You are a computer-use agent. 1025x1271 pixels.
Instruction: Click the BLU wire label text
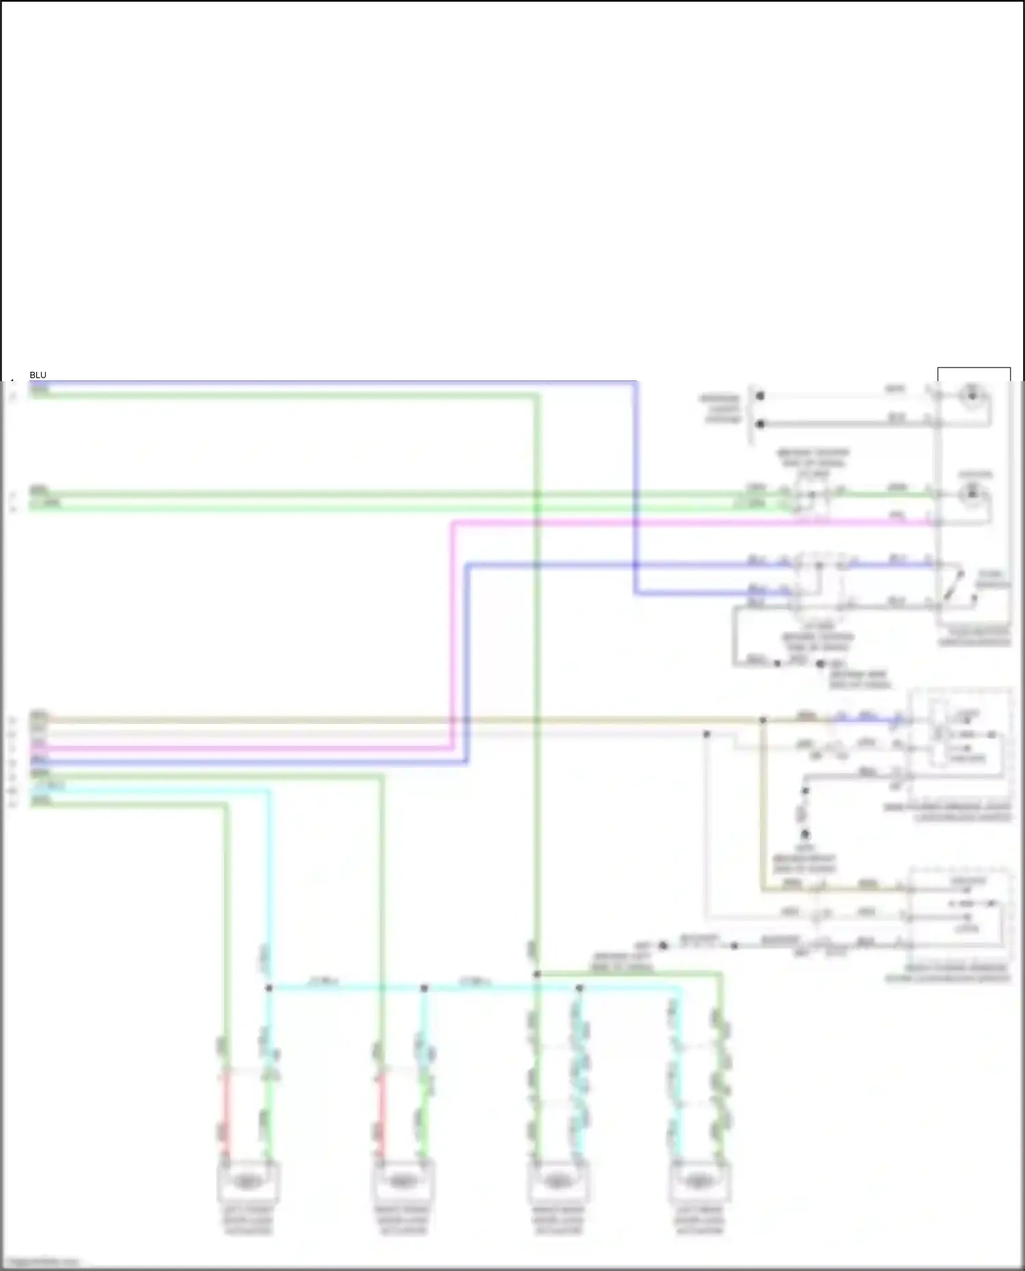[38, 375]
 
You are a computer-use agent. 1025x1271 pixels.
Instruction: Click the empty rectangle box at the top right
[974, 375]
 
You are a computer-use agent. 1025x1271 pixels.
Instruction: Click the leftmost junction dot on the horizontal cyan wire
[269, 988]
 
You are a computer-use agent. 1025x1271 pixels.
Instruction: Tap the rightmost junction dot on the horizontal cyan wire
[579, 988]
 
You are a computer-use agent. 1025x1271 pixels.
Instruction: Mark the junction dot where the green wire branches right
[537, 974]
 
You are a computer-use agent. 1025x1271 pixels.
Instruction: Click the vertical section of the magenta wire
[452, 635]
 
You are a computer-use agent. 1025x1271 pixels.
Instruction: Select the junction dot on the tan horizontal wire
[763, 720]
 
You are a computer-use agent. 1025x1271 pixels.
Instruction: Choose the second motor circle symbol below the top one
[972, 492]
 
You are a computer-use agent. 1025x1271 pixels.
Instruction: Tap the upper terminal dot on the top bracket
[760, 395]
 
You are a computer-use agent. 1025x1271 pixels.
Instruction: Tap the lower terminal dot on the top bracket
[760, 424]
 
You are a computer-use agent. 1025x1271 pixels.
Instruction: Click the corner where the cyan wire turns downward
[269, 793]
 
